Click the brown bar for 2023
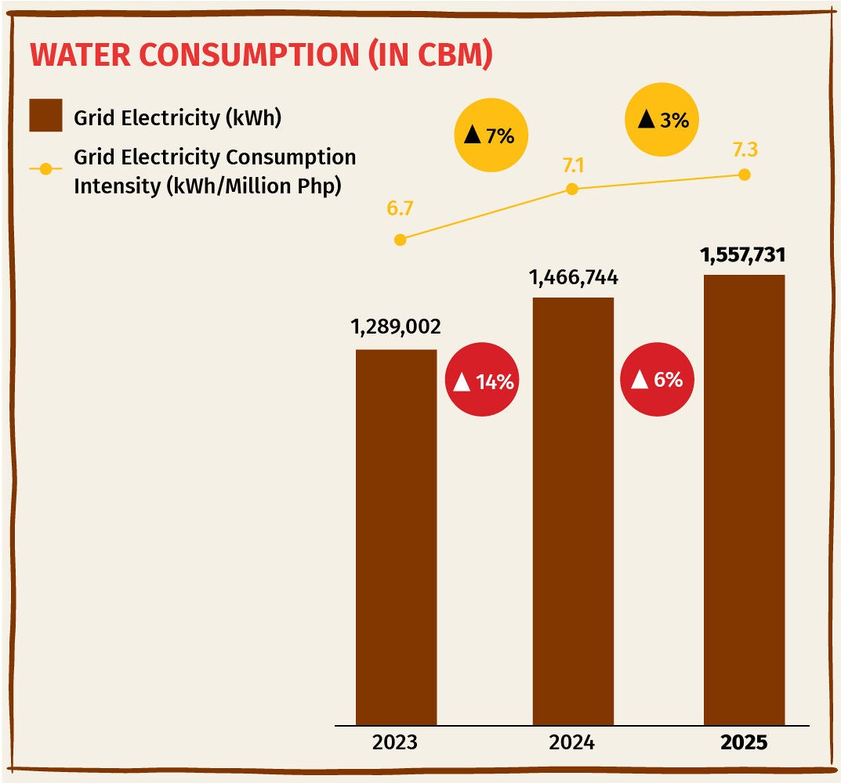(x=397, y=538)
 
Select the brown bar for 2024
(x=573, y=511)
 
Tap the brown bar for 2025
(x=744, y=500)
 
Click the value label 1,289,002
(x=396, y=327)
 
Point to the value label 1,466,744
(x=574, y=278)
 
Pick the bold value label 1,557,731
(x=743, y=254)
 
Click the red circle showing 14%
(x=482, y=380)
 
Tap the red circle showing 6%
(x=657, y=380)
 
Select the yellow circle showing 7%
(x=491, y=135)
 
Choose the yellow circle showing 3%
(x=662, y=120)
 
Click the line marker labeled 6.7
(x=400, y=240)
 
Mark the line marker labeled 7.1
(x=572, y=189)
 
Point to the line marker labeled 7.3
(x=745, y=174)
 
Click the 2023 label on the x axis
(x=395, y=742)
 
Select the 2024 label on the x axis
(x=571, y=742)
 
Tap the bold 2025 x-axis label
(x=744, y=742)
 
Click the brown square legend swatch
(x=45, y=115)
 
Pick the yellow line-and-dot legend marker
(x=45, y=169)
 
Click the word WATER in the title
(x=81, y=55)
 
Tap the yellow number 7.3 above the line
(x=745, y=150)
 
